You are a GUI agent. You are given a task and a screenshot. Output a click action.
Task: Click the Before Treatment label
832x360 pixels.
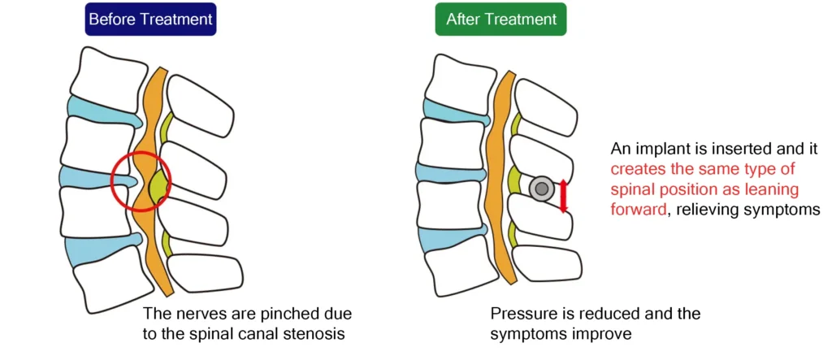[150, 20]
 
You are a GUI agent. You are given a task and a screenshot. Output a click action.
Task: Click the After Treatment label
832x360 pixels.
[500, 20]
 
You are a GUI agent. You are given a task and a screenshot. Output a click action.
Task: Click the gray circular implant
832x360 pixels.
[542, 189]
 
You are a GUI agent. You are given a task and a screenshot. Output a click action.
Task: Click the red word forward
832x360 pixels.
[638, 209]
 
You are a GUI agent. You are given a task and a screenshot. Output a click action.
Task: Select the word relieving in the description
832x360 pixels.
[704, 210]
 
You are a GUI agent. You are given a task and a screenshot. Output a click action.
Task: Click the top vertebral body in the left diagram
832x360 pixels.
[108, 74]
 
